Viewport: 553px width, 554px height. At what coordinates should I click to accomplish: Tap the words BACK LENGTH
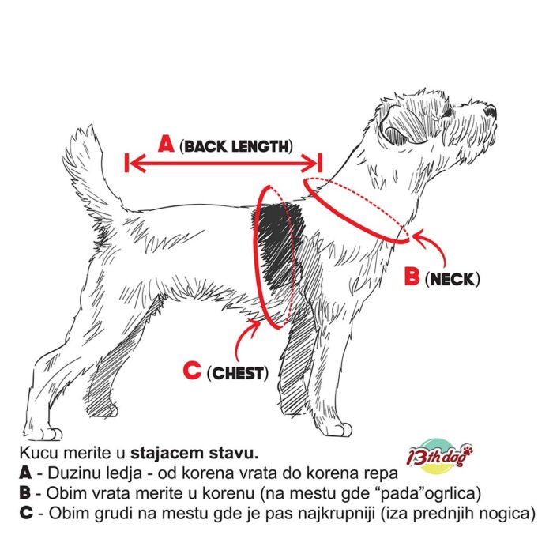click(x=236, y=146)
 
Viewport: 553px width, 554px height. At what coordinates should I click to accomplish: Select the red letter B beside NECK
click(x=412, y=276)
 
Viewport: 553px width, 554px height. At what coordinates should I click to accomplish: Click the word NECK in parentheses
click(x=453, y=280)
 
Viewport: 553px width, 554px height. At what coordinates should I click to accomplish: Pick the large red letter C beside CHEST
click(x=192, y=370)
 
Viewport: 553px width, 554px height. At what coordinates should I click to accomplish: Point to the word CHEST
click(x=238, y=374)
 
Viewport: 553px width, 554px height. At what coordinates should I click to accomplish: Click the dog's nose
click(x=491, y=111)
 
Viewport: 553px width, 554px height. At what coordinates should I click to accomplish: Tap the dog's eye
click(x=447, y=112)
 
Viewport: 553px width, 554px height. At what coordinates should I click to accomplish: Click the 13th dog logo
click(x=439, y=456)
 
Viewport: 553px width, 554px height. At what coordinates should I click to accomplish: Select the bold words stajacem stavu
click(x=194, y=454)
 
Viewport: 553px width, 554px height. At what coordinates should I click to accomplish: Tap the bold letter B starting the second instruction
click(x=25, y=493)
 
